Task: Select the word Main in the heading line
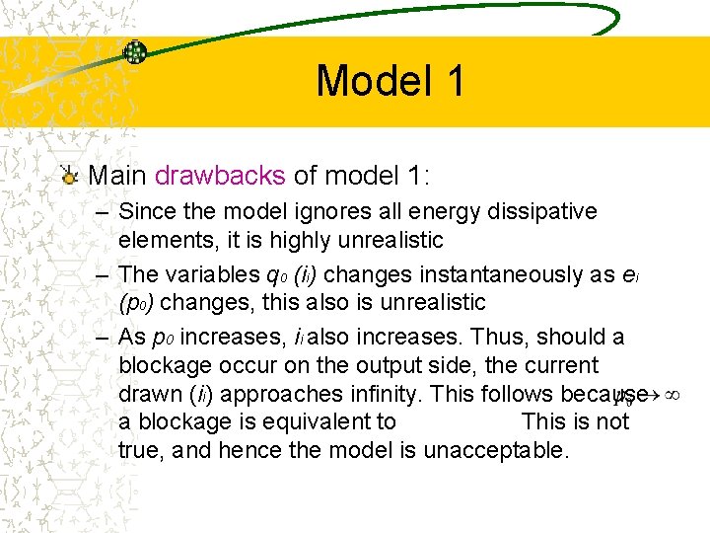(117, 176)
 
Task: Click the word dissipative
(548, 211)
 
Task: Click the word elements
(162, 240)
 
